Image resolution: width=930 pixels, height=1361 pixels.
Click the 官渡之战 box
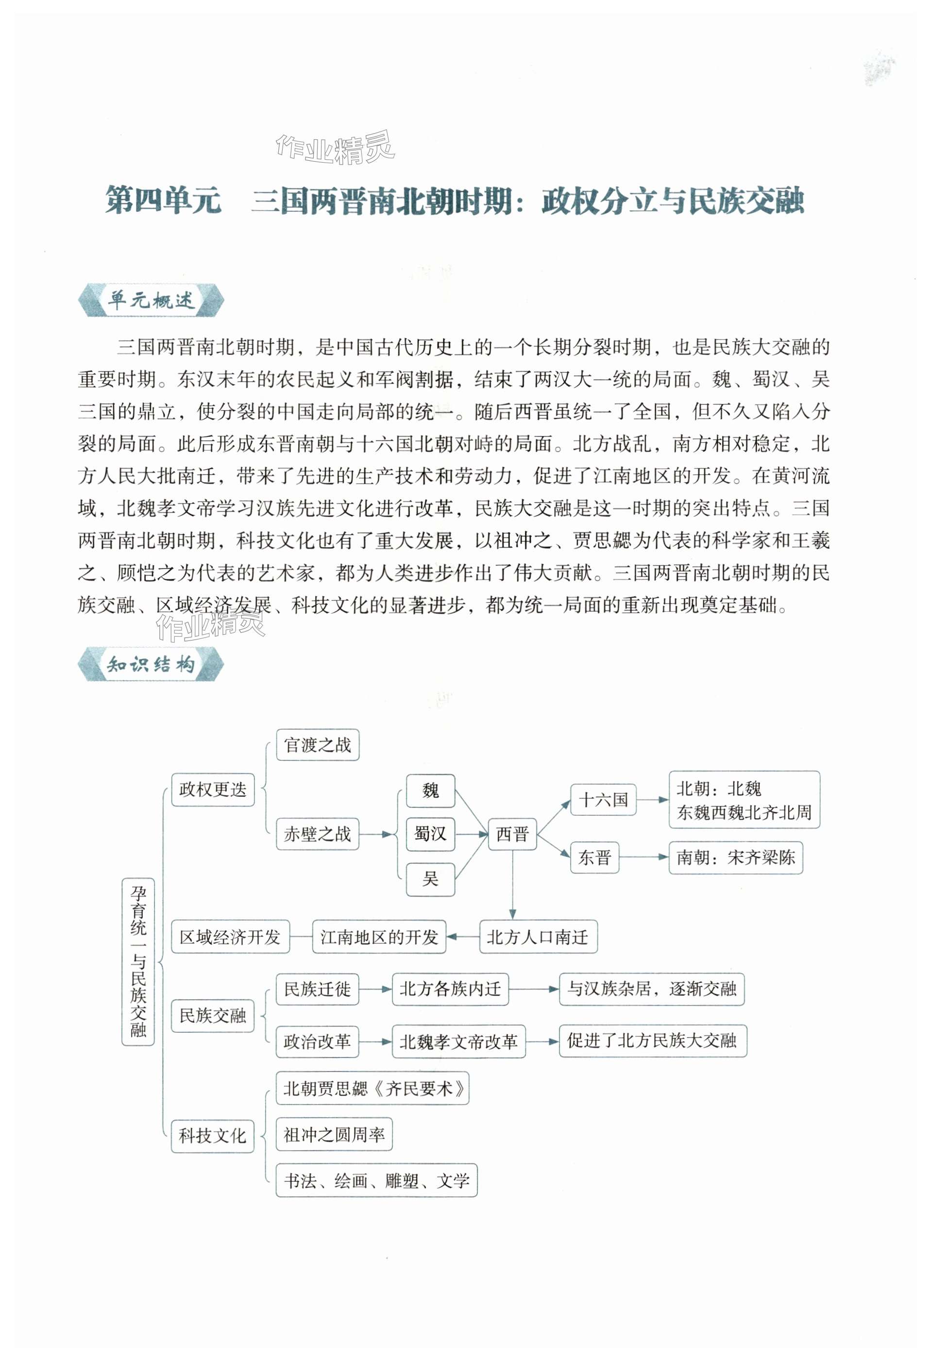point(318,745)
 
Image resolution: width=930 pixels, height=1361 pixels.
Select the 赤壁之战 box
point(318,834)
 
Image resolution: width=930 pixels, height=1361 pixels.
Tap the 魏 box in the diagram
point(430,790)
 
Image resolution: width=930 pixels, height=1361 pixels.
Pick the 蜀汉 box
point(430,834)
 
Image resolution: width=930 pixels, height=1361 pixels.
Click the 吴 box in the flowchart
point(430,878)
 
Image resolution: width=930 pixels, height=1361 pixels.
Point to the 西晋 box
point(512,834)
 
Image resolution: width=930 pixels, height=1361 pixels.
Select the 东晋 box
point(594,857)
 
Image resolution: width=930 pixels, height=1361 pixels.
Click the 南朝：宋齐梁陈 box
point(736,858)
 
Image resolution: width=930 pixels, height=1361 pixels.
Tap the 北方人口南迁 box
point(538,938)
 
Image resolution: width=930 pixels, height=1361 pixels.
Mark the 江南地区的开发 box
point(379,938)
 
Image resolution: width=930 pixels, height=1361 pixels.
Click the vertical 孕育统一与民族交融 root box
point(138,961)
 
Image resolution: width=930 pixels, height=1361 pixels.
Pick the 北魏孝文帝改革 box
point(458,1041)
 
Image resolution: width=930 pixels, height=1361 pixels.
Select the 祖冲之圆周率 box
point(334,1135)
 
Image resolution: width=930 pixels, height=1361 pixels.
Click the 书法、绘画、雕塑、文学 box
point(376,1181)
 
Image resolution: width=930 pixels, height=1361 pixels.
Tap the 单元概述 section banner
point(151,301)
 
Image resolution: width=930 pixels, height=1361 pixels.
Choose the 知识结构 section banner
point(151,664)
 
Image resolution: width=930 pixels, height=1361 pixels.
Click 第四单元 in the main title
point(163,200)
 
